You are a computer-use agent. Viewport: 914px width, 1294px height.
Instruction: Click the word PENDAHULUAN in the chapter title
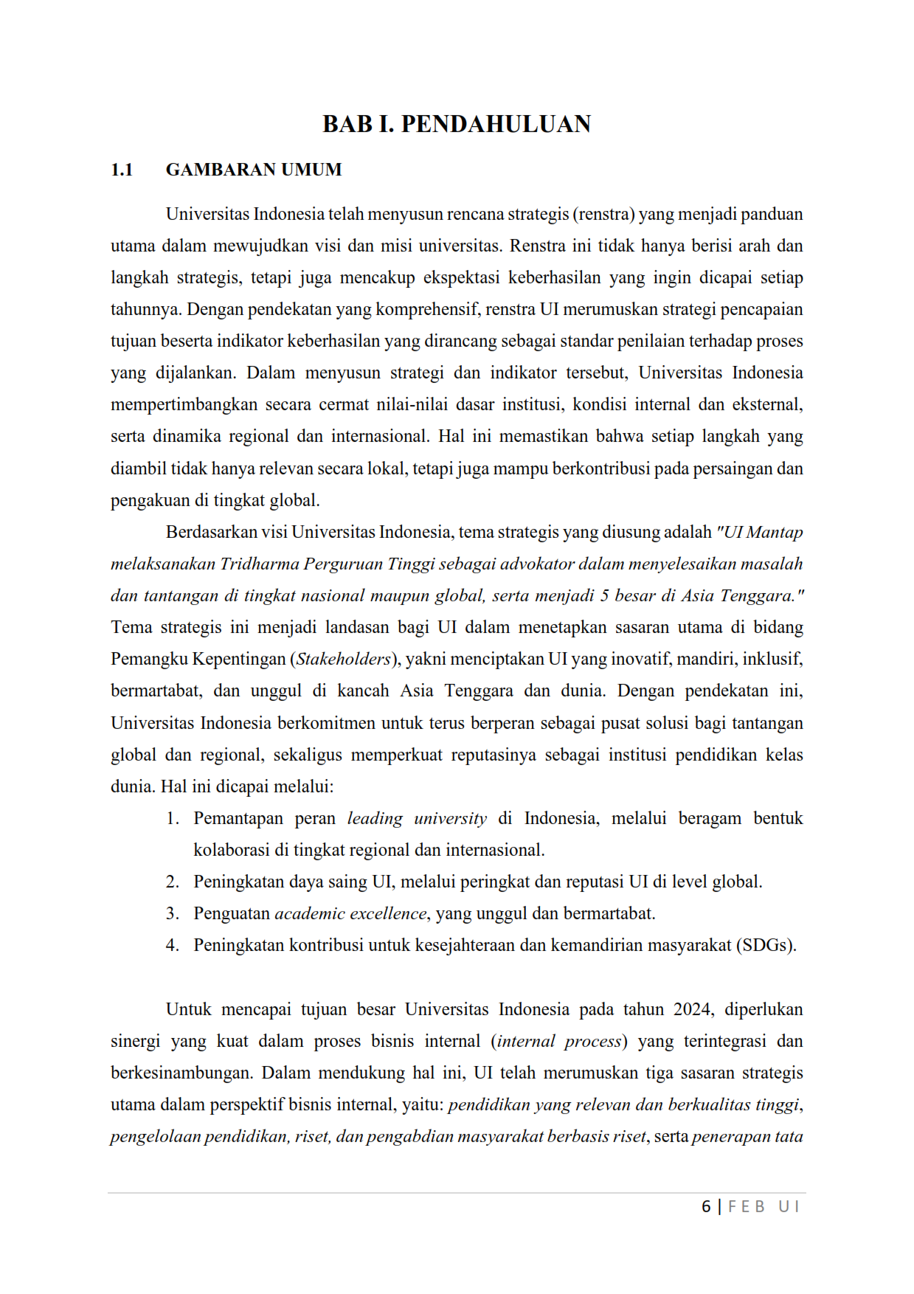point(496,124)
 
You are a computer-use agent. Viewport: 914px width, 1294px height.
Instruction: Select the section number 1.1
point(122,170)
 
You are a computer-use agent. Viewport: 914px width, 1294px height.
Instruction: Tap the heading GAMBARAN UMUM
point(254,170)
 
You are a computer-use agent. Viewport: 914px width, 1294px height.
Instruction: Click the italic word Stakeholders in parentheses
point(343,659)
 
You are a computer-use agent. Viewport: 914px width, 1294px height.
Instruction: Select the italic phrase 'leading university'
point(417,818)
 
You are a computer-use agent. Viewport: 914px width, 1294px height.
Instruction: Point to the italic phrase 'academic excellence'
point(350,913)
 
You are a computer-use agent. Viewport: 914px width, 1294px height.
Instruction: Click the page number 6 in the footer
point(706,1206)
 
